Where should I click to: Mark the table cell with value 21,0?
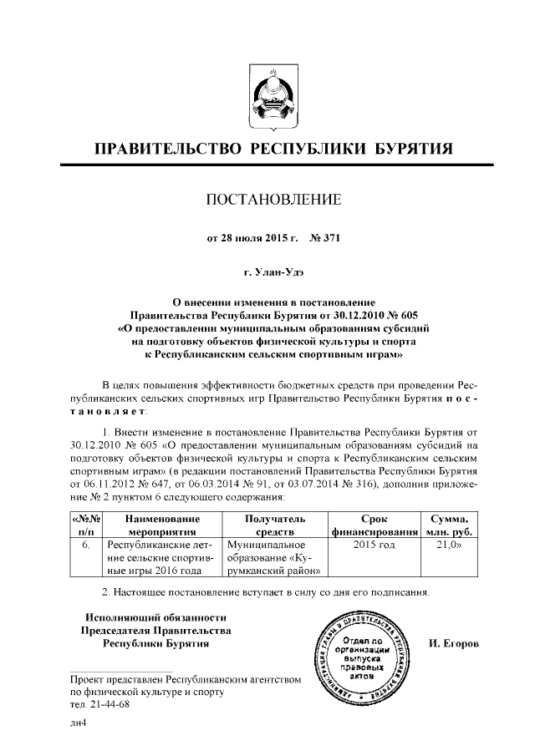[x=451, y=544]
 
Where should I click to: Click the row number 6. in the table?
[x=85, y=544]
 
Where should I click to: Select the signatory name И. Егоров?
[x=453, y=645]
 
